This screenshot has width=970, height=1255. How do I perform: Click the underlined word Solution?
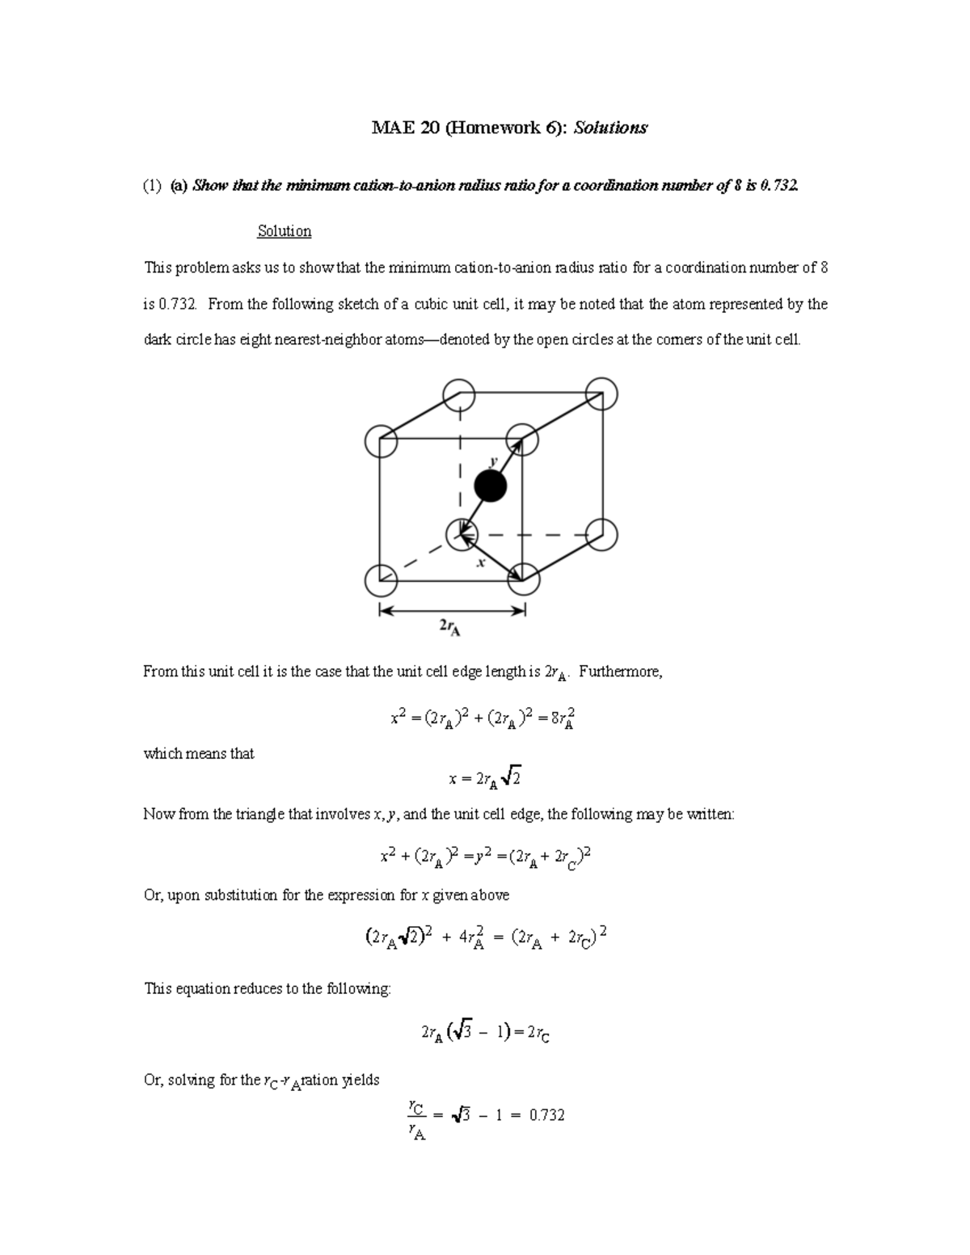pos(284,231)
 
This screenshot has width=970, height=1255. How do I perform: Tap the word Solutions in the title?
pos(610,128)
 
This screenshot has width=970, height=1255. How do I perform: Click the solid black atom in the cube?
pos(490,486)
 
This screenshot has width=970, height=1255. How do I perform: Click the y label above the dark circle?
pos(491,460)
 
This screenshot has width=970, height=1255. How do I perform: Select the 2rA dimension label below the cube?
pos(449,627)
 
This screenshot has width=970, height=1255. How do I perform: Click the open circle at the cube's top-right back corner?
pos(601,394)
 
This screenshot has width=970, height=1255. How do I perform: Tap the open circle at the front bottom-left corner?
pos(381,579)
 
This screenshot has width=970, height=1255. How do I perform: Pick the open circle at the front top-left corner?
pos(381,441)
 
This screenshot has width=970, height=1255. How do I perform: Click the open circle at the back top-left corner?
pos(460,394)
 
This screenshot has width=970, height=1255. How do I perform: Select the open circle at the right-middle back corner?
pos(601,534)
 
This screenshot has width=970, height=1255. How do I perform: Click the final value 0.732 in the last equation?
pos(546,1115)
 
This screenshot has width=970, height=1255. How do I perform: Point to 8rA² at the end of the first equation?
pos(563,718)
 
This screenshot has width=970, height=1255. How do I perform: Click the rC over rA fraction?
pos(415,1118)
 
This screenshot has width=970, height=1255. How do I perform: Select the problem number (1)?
pos(153,187)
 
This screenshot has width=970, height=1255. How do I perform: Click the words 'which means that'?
pos(199,754)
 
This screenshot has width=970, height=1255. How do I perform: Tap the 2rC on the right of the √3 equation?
pos(538,1034)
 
